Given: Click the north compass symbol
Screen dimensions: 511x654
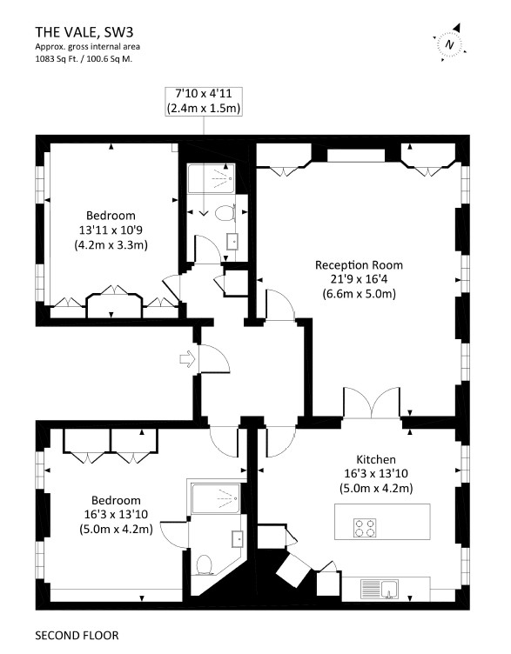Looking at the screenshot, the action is click(x=450, y=43).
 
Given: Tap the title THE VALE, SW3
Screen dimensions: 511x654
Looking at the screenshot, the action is click(x=84, y=32).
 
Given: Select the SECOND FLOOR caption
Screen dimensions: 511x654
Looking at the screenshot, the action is click(x=77, y=635).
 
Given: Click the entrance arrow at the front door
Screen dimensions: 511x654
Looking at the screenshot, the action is click(x=187, y=358).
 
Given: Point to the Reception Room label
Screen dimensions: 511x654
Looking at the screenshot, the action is click(x=359, y=265).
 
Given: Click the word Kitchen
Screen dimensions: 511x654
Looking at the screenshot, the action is click(x=376, y=459).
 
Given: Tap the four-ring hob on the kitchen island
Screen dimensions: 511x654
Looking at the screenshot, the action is click(x=365, y=528).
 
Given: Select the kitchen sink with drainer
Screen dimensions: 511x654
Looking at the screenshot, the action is click(x=380, y=589).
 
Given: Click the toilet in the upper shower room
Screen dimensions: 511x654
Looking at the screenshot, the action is click(x=225, y=213).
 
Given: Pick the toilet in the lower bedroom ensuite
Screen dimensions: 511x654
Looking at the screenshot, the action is click(x=205, y=564).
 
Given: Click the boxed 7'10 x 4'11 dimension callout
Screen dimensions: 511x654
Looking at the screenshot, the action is click(x=204, y=101).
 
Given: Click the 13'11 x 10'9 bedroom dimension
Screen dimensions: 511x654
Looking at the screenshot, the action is click(x=111, y=230).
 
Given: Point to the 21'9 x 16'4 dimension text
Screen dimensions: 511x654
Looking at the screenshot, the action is click(x=359, y=279).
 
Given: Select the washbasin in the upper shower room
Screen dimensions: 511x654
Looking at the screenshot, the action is click(x=233, y=241).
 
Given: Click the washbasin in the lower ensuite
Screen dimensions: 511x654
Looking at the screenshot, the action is click(x=238, y=538).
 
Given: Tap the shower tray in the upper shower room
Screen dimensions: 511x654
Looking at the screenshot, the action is click(x=212, y=178).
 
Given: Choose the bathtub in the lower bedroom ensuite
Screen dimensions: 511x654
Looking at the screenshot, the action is click(x=216, y=498).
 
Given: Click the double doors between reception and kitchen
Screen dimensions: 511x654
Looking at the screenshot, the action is click(x=372, y=403).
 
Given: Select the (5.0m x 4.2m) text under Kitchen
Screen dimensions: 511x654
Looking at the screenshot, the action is click(x=376, y=488).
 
